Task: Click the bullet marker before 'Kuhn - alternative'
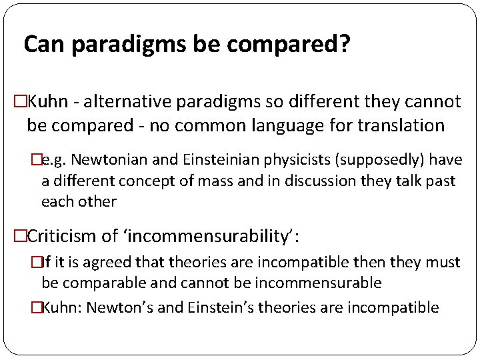pos(20,102)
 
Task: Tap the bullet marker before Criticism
pos(20,235)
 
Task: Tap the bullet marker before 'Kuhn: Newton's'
pos(36,307)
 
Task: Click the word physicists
pos(281,160)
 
